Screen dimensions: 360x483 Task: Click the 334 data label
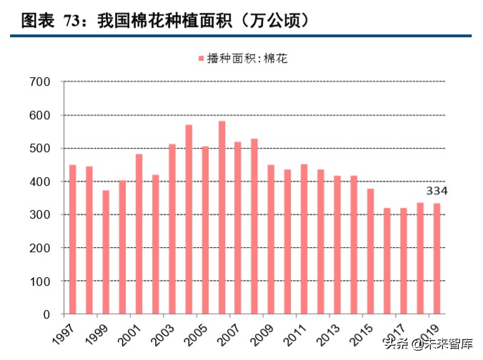[437, 191]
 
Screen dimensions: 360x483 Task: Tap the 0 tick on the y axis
[46, 314]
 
